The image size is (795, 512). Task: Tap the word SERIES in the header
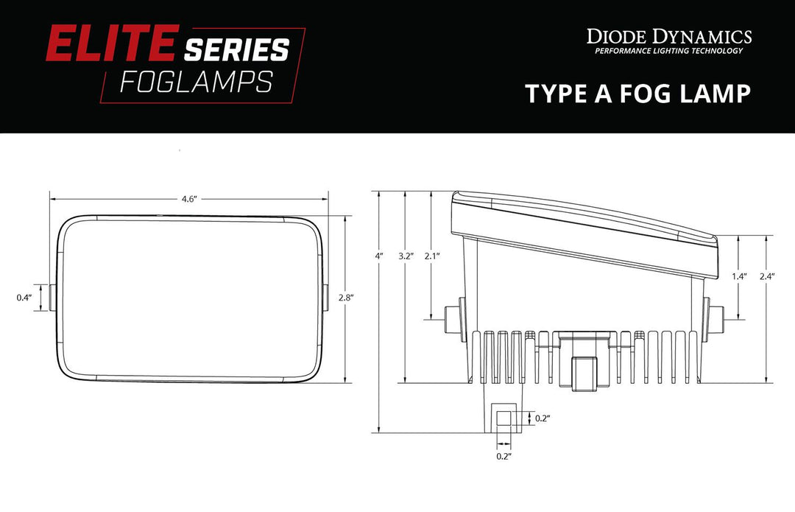click(x=236, y=50)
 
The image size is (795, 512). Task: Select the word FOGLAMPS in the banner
click(x=195, y=83)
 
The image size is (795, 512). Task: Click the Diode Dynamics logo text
click(x=668, y=36)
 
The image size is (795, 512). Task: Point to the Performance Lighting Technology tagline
click(x=668, y=51)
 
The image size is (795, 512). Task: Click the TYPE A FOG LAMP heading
click(x=637, y=94)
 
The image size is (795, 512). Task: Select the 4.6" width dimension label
click(x=189, y=200)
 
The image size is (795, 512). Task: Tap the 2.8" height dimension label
click(x=346, y=298)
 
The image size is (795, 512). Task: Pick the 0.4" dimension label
click(x=24, y=298)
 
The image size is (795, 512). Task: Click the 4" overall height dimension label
click(x=379, y=256)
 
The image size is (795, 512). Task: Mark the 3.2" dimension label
click(x=406, y=256)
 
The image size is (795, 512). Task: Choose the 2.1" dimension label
click(x=431, y=256)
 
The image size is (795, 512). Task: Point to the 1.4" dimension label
click(x=740, y=276)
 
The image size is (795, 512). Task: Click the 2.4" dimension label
click(x=768, y=276)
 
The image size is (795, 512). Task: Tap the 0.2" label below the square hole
click(x=504, y=457)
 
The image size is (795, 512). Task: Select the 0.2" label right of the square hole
click(x=542, y=418)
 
